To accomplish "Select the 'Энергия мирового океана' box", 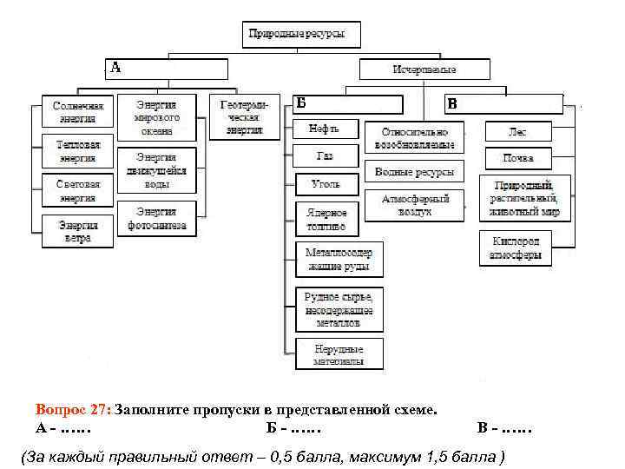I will (157, 117).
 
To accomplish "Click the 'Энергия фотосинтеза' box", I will (157, 218).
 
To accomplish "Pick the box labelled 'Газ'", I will (325, 156).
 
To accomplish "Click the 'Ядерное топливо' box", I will (326, 218).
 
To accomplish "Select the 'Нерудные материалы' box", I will (339, 353).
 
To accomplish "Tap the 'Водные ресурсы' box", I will (414, 171).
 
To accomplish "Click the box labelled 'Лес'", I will (517, 132).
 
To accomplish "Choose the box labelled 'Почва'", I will (517, 159).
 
